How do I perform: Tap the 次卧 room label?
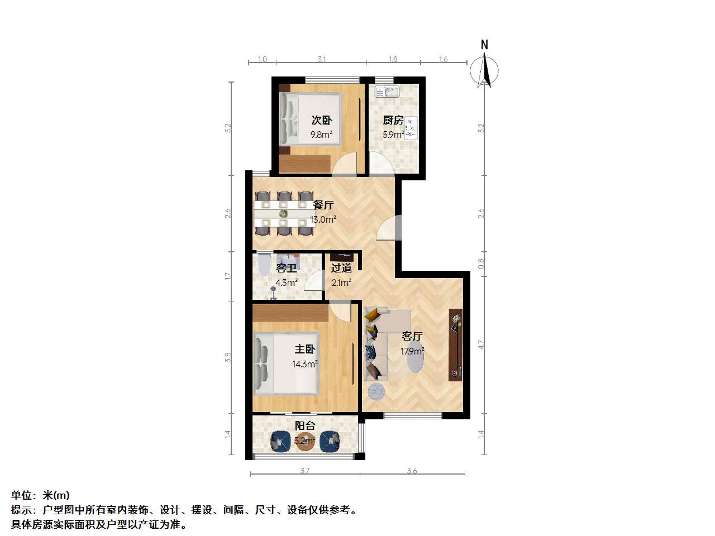pos(322,120)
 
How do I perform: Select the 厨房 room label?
pos(393,120)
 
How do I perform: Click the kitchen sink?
pos(387,92)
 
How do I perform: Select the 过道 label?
pos(341,268)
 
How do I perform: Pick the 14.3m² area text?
pos(304,364)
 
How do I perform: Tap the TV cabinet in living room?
pos(456,345)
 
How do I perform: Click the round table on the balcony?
pos(304,441)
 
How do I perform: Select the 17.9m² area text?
pos(412,351)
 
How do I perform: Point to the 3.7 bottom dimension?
pos(304,471)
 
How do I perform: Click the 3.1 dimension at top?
pos(322,59)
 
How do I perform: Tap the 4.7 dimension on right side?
pos(481,345)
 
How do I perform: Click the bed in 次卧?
pos(310,118)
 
